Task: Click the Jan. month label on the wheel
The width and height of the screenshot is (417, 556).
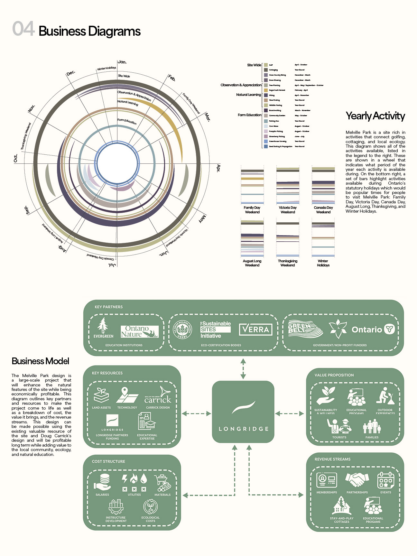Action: (x=122, y=62)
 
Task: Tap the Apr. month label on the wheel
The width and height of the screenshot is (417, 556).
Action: (x=218, y=168)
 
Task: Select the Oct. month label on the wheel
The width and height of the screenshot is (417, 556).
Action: (x=15, y=158)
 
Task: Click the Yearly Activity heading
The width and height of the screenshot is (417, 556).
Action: (x=375, y=116)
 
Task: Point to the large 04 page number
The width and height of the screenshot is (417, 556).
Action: (x=23, y=29)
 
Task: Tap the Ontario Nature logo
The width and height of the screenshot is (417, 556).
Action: (x=140, y=331)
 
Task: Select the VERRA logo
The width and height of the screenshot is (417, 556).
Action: (x=255, y=329)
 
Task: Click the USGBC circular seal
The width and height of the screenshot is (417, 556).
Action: (x=182, y=329)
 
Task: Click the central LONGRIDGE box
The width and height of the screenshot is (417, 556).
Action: (x=243, y=412)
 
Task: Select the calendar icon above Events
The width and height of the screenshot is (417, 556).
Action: (x=385, y=480)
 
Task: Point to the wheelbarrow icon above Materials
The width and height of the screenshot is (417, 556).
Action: (x=162, y=483)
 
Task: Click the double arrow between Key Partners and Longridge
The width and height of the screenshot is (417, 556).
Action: (x=243, y=368)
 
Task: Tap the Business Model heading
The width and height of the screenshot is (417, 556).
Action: (x=40, y=361)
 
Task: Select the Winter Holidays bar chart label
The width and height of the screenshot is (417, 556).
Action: (x=323, y=263)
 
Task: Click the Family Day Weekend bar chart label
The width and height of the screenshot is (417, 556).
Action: (x=252, y=210)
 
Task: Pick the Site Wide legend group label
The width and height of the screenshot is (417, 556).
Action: (x=254, y=65)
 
